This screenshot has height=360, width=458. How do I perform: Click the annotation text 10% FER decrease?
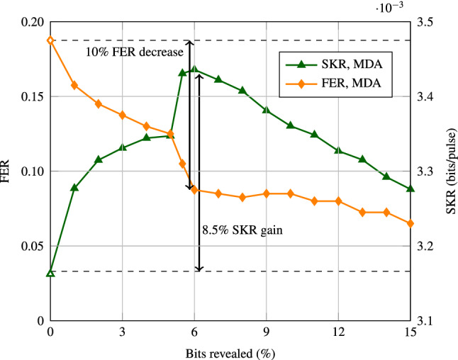point(135,52)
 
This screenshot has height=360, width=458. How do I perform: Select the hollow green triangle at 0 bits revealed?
point(50,273)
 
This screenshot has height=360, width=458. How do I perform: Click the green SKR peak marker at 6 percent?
point(194,69)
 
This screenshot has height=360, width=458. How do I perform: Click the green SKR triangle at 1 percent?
point(74,188)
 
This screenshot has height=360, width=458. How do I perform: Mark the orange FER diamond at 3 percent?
point(123,115)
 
